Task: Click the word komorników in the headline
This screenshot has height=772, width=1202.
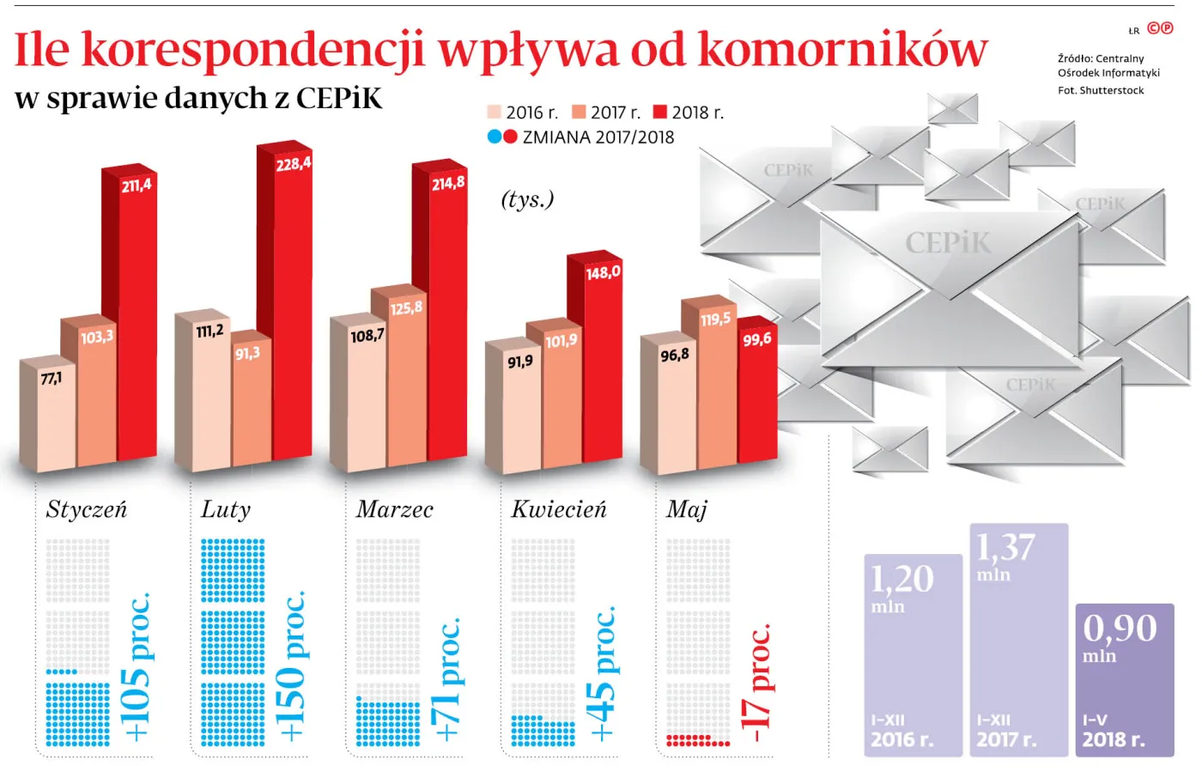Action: (842, 50)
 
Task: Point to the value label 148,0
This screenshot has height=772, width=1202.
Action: (603, 273)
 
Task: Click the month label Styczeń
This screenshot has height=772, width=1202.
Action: (86, 510)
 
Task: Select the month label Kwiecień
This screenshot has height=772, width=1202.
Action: (558, 510)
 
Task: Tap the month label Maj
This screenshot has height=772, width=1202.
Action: (686, 510)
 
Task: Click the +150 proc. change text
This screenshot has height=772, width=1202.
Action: (290, 666)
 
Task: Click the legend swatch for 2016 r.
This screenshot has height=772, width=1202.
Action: (494, 112)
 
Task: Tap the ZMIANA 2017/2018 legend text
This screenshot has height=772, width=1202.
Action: (598, 137)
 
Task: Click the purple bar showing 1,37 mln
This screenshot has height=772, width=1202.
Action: (1018, 640)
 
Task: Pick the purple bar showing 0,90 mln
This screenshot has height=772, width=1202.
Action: (1124, 678)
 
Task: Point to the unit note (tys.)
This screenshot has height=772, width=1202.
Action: (527, 199)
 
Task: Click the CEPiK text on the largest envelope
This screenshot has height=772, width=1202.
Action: (948, 243)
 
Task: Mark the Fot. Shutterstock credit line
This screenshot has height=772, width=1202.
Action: (1101, 90)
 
